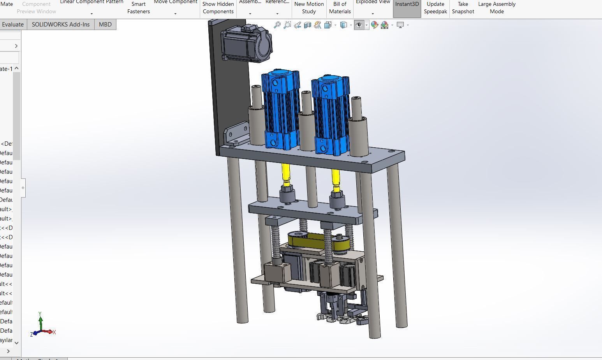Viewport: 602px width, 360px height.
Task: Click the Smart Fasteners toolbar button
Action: [x=138, y=7]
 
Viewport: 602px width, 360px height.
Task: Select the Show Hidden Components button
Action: [x=218, y=7]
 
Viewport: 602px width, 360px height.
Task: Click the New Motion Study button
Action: [x=309, y=7]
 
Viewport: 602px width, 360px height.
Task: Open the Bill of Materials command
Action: [x=340, y=7]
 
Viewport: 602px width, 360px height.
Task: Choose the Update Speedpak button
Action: [x=435, y=7]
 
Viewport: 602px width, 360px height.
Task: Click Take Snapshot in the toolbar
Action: [x=463, y=7]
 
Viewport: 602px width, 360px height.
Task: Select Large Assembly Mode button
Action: [x=496, y=7]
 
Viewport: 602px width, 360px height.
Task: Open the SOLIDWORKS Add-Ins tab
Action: [x=60, y=24]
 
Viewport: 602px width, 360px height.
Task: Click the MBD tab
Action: [x=105, y=24]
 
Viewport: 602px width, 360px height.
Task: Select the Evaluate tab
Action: [x=12, y=24]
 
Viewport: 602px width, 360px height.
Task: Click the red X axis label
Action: [x=54, y=332]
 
